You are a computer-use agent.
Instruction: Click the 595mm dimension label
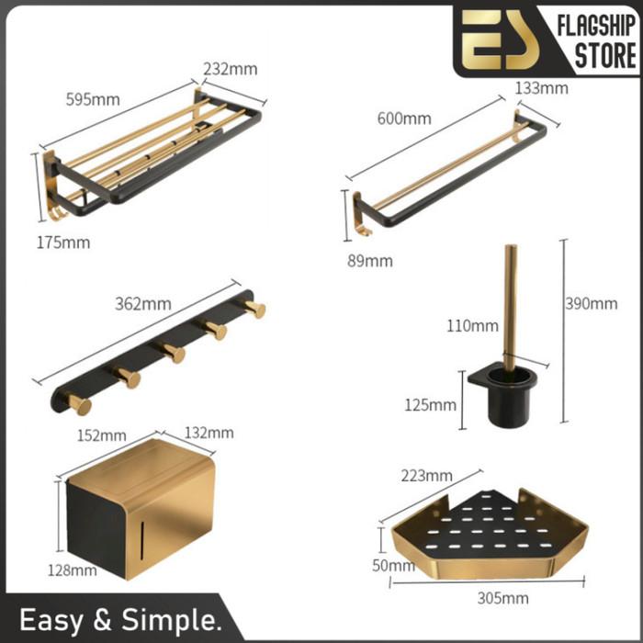pos(93,99)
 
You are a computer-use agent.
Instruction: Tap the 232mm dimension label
pos(231,69)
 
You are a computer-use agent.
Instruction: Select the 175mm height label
pos(63,243)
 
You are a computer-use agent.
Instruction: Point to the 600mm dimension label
pos(404,118)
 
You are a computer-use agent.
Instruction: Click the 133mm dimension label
pos(542,88)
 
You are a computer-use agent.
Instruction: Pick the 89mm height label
pos(370,261)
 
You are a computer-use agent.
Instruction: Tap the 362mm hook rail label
pos(143,304)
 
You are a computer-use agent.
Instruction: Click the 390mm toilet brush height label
pos(592,304)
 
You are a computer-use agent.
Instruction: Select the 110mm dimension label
pos(472,326)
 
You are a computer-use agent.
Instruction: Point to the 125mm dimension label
pos(431,405)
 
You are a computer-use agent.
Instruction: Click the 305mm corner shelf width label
pos(502,598)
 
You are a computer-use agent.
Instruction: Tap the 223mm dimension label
pos(427,476)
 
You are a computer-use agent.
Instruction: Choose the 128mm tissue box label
pos(73,570)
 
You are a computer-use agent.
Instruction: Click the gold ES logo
pos(500,39)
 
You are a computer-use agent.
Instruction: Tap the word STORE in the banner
pos(605,56)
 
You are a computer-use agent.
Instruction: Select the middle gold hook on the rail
pos(174,352)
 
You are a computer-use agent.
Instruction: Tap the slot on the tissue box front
pos(142,541)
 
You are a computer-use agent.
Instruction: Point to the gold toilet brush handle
pos(510,308)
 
